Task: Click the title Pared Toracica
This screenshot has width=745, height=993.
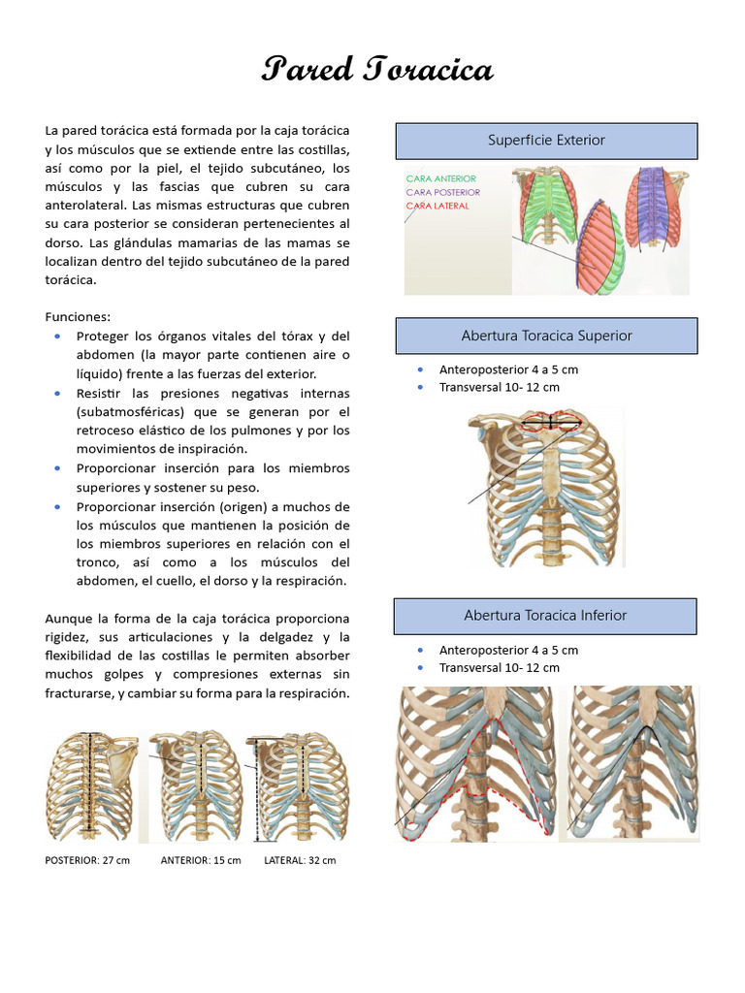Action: pyautogui.click(x=377, y=70)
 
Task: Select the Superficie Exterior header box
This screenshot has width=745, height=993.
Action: pyautogui.click(x=546, y=141)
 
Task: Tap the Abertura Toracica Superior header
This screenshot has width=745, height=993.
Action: pyautogui.click(x=546, y=336)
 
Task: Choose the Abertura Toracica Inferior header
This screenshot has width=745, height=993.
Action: pyautogui.click(x=545, y=616)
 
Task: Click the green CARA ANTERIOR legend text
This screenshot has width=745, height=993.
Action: pyautogui.click(x=441, y=178)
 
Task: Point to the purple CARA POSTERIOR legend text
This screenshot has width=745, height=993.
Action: pyautogui.click(x=443, y=192)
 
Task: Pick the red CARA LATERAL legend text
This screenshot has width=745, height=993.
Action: pyautogui.click(x=437, y=206)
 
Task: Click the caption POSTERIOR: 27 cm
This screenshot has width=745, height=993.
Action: pyautogui.click(x=87, y=861)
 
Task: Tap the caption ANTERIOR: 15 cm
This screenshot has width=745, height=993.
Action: pyautogui.click(x=201, y=861)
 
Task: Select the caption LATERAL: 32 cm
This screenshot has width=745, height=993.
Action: pyautogui.click(x=300, y=861)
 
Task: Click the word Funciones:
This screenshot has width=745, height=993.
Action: pyautogui.click(x=79, y=317)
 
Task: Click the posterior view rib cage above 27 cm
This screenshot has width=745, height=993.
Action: pyautogui.click(x=92, y=787)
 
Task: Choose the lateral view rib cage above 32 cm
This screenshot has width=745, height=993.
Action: pyautogui.click(x=298, y=787)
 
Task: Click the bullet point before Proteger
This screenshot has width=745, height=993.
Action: pyautogui.click(x=57, y=336)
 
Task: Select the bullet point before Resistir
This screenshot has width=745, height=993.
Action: pyautogui.click(x=57, y=393)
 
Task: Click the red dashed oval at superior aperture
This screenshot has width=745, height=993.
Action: pyautogui.click(x=551, y=421)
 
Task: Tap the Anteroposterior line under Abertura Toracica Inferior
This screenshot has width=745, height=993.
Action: pyautogui.click(x=508, y=651)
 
